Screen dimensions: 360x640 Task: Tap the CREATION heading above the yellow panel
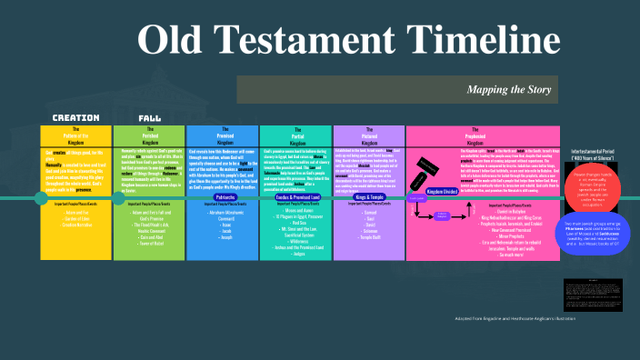click(75, 118)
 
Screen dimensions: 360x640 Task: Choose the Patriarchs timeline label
click(225, 196)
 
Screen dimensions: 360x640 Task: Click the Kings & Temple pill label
click(369, 196)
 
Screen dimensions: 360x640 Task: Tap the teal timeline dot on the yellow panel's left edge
click(42, 197)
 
